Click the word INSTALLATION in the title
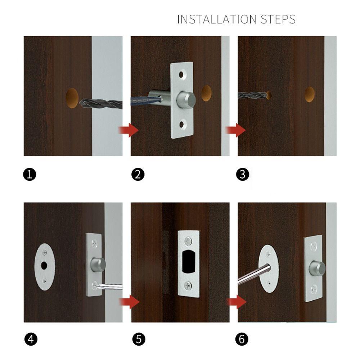click(x=217, y=19)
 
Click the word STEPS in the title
click(x=278, y=19)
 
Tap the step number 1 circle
click(x=30, y=175)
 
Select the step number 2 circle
click(x=138, y=175)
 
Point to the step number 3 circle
click(x=242, y=175)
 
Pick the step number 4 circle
click(x=31, y=339)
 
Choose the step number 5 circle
click(x=139, y=339)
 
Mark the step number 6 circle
click(x=242, y=339)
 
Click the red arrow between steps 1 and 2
click(x=129, y=130)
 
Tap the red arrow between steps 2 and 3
click(x=235, y=130)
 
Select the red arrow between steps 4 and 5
click(x=129, y=302)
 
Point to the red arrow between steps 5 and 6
click(x=237, y=302)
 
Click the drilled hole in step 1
click(x=72, y=98)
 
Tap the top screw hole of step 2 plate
click(x=181, y=75)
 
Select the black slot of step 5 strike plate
click(x=189, y=261)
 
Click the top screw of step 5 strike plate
click(x=189, y=241)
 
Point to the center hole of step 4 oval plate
click(x=44, y=266)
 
